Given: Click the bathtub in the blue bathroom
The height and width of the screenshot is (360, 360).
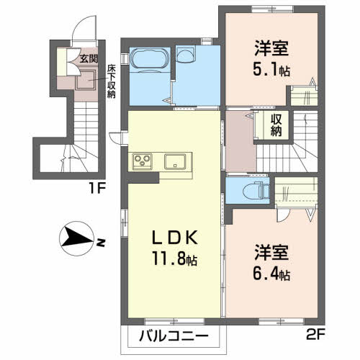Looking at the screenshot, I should click(149, 59).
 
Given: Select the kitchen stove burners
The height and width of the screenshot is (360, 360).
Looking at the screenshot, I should click(143, 161).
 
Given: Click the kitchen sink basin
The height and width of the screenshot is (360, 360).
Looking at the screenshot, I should click(175, 160).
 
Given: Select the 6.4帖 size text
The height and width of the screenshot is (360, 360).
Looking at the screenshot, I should click(271, 274).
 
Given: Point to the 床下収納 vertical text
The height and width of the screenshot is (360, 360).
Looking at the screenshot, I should click(112, 81).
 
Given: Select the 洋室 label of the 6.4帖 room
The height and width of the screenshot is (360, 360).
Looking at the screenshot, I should click(271, 254).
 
